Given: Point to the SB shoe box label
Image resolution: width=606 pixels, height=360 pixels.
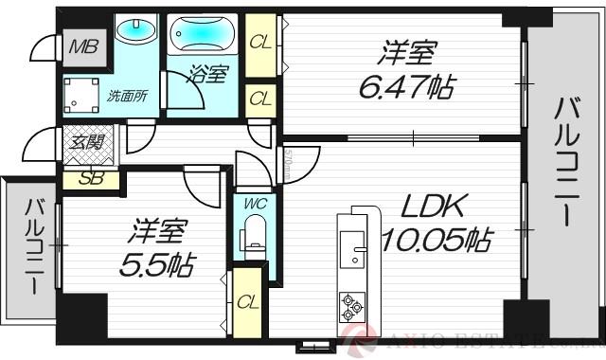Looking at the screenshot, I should pos(90,178).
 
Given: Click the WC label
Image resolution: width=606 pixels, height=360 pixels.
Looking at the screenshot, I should pos(254,203).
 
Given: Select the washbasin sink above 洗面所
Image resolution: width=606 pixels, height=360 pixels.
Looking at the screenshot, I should pos(136,29).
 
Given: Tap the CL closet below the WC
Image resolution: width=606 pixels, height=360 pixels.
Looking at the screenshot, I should pos(248,302).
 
